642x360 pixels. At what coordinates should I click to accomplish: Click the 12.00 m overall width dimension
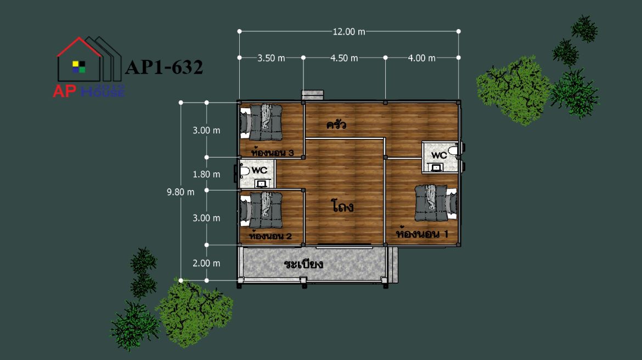349,31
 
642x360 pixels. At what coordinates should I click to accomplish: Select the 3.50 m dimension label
271,58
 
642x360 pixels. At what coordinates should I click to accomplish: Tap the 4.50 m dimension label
344,58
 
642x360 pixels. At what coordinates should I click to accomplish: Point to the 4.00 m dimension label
421,58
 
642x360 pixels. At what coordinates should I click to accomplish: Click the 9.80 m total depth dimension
181,192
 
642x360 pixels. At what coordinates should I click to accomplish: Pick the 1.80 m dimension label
206,175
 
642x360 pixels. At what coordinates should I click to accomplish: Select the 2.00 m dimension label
206,263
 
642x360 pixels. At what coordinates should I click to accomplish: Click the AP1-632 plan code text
164,67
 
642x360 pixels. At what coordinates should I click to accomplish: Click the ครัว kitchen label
336,125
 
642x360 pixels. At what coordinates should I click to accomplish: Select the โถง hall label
342,206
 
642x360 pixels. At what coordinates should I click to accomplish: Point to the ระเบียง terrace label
303,264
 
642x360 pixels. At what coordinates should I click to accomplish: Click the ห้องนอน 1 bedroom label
422,234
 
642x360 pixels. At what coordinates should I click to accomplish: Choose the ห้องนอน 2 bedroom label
270,236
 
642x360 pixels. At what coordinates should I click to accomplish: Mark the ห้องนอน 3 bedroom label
272,153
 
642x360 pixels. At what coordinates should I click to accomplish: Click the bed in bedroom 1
436,203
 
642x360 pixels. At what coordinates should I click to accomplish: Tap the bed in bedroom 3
261,122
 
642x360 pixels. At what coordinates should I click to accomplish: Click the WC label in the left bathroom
259,170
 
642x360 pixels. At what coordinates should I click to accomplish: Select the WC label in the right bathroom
439,155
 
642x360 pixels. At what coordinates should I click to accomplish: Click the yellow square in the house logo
76,64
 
